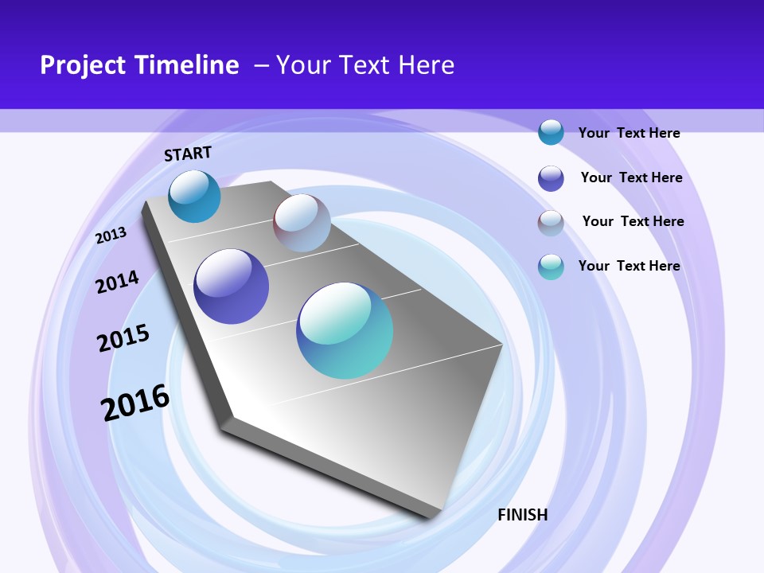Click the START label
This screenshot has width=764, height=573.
pyautogui.click(x=188, y=154)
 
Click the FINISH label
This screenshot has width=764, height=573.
pyautogui.click(x=522, y=515)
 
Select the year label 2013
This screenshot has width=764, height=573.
pyautogui.click(x=111, y=235)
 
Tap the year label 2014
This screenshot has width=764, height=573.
pyautogui.click(x=117, y=282)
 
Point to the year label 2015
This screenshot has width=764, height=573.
pyautogui.click(x=123, y=338)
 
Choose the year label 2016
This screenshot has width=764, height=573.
pyautogui.click(x=136, y=403)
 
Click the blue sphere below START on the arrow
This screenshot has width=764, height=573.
pyautogui.click(x=195, y=197)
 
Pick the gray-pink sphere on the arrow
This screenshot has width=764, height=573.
pyautogui.click(x=302, y=223)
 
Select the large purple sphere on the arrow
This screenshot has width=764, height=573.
pyautogui.click(x=232, y=286)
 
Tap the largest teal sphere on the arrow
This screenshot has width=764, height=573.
pyautogui.click(x=345, y=330)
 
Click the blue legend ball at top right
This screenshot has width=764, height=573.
pyautogui.click(x=551, y=132)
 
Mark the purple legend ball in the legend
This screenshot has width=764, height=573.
pyautogui.click(x=551, y=177)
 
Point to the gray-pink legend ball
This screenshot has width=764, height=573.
pyautogui.click(x=551, y=222)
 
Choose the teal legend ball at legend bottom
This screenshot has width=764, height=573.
pyautogui.click(x=551, y=267)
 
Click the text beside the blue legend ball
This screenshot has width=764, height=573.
pyautogui.click(x=629, y=133)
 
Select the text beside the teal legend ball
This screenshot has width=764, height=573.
pyautogui.click(x=629, y=266)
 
